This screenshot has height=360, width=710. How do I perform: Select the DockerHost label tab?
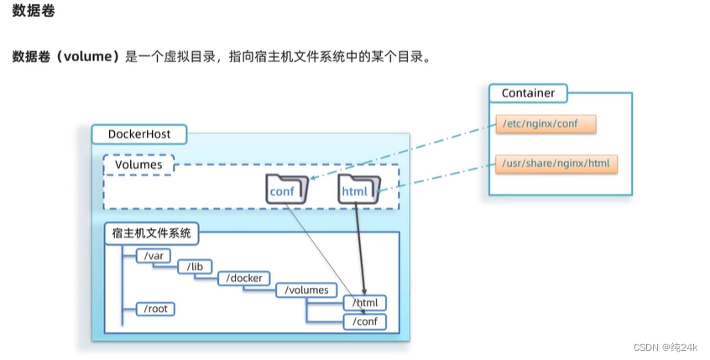click(138, 134)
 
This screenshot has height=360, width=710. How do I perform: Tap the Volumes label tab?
click(138, 164)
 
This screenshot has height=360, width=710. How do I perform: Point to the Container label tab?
click(528, 92)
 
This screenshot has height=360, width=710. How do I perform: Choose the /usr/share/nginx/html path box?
click(556, 163)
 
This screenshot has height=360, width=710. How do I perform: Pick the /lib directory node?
click(195, 267)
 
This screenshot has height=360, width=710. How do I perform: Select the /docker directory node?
click(243, 278)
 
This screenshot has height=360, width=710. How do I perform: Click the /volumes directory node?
click(307, 290)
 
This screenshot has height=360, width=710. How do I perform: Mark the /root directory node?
click(156, 309)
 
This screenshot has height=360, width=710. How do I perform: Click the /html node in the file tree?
click(365, 303)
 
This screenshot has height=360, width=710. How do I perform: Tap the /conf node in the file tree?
click(365, 321)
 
